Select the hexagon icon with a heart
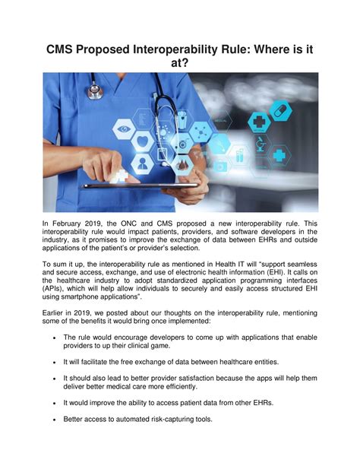(x=144, y=140)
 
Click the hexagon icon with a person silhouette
(x=143, y=162)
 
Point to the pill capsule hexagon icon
(x=279, y=112)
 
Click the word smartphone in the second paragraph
(x=87, y=301)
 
